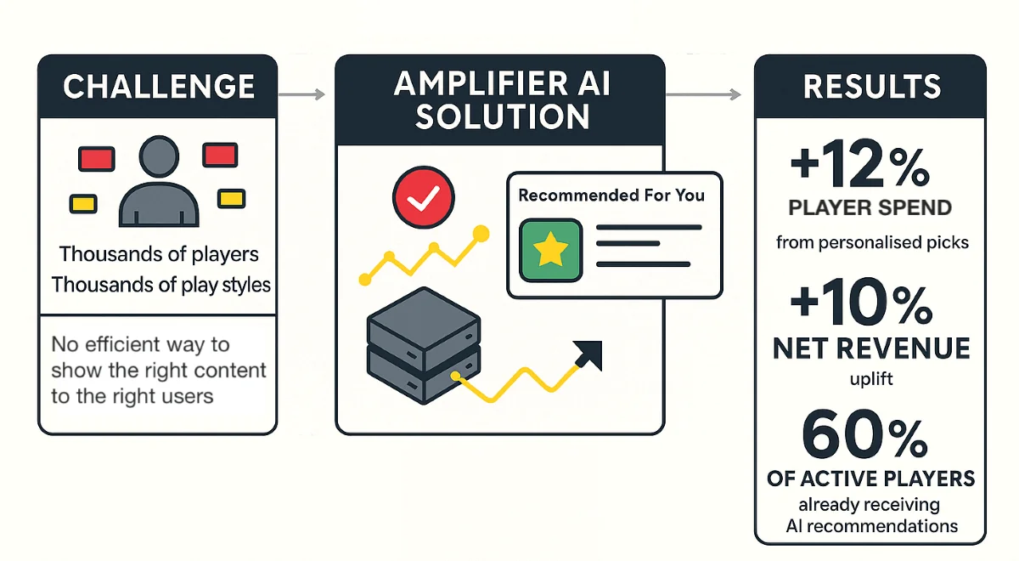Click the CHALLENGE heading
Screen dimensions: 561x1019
coord(159,87)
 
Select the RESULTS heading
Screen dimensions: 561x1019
coord(871,87)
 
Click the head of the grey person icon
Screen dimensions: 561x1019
coord(159,160)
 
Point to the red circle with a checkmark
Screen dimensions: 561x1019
coord(417,199)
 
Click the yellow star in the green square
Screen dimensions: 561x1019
coord(550,249)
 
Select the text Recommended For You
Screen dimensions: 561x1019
coord(611,195)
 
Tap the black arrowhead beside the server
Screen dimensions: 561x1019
coord(588,354)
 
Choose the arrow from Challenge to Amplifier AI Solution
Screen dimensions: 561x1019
coord(302,93)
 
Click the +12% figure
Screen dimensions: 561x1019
coord(859,167)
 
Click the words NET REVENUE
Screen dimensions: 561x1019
coord(871,348)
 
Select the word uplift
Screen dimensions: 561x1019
coord(871,379)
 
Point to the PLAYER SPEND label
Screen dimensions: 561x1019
coord(870,208)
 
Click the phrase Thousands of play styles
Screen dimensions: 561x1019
coord(160,284)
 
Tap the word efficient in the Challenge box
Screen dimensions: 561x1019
coord(122,345)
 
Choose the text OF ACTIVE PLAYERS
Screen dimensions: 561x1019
coord(871,479)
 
